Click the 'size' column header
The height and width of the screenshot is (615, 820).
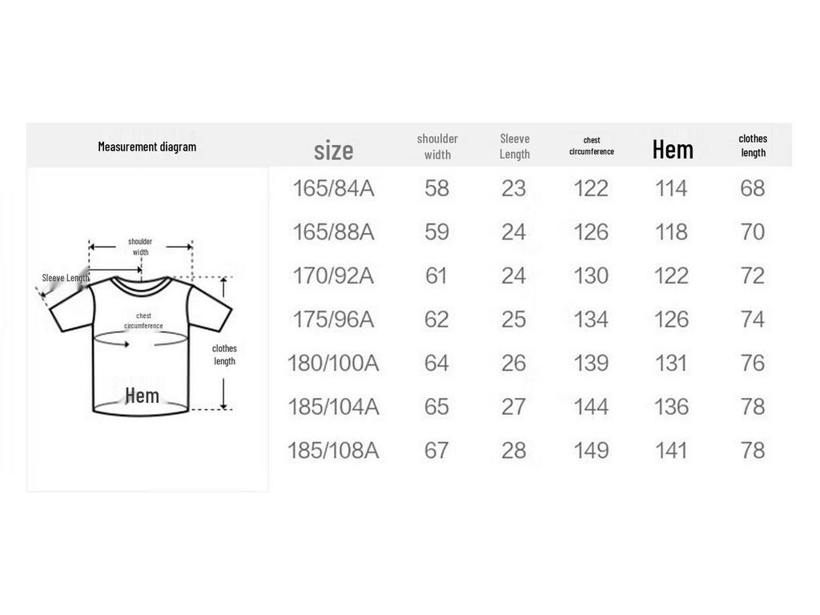(x=334, y=151)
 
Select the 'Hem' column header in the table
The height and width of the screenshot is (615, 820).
(x=673, y=150)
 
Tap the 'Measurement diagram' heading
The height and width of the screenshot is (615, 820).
(x=147, y=147)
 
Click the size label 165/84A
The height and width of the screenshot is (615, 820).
(x=333, y=189)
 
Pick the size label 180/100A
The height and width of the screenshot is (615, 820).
(x=333, y=364)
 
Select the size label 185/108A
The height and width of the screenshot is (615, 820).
(x=333, y=451)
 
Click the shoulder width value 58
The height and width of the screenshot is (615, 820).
(x=436, y=189)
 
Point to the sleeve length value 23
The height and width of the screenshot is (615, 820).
(x=513, y=189)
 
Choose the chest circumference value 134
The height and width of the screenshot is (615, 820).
(x=591, y=320)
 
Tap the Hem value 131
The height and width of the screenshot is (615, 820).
(x=672, y=364)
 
